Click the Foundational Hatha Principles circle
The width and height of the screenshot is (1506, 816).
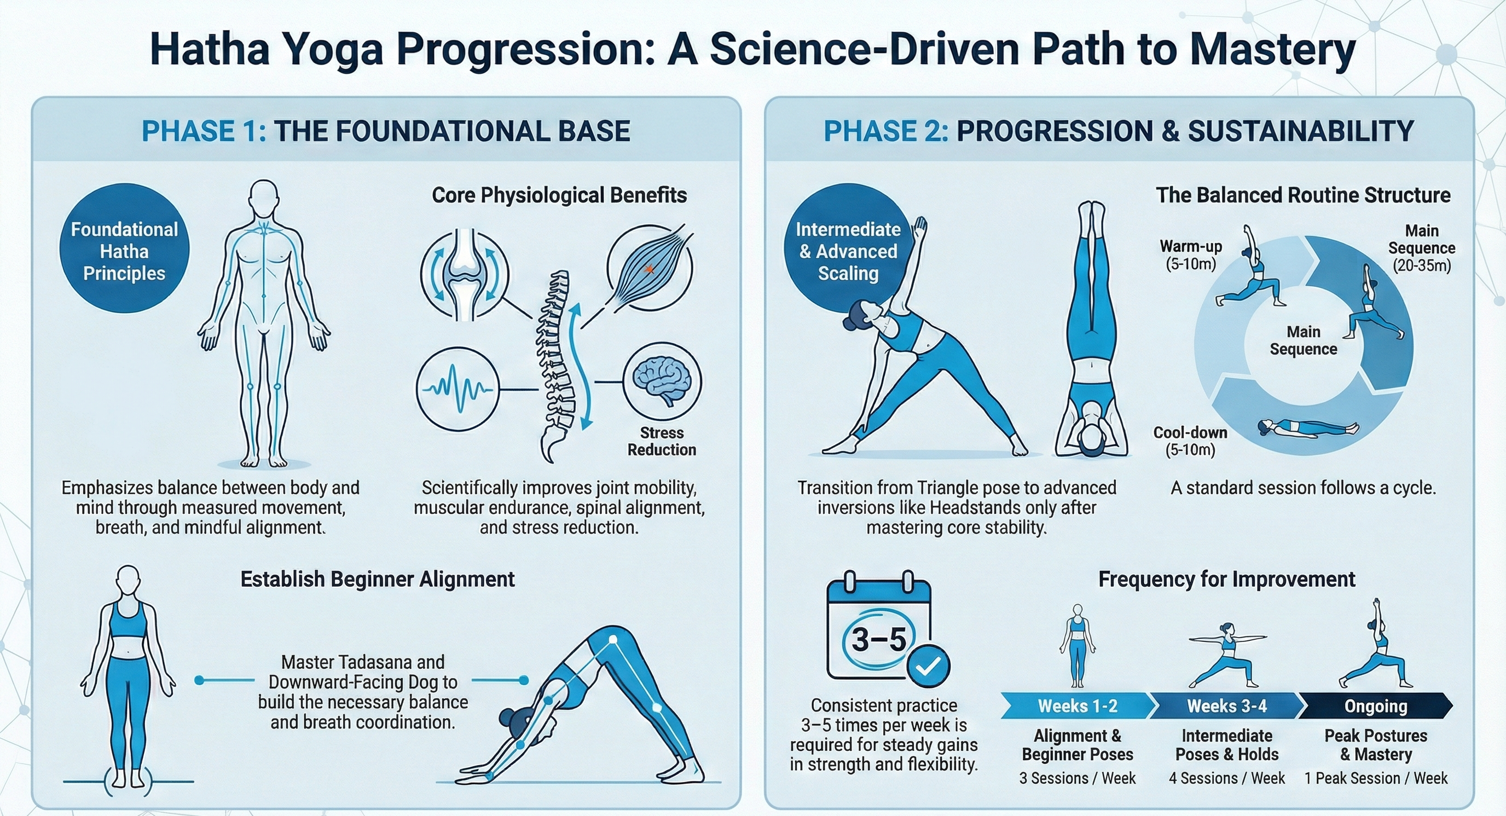pyautogui.click(x=125, y=248)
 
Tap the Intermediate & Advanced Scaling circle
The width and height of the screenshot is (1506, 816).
pyautogui.click(x=848, y=248)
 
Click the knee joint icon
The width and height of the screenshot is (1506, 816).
pyautogui.click(x=464, y=274)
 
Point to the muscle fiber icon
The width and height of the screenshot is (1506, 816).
pyautogui.click(x=650, y=269)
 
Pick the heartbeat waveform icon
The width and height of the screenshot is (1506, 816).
pyautogui.click(x=457, y=389)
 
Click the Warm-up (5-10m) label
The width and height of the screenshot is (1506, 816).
pyautogui.click(x=1191, y=255)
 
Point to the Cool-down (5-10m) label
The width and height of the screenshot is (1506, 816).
pyautogui.click(x=1190, y=441)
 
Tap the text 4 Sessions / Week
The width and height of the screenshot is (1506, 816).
pyautogui.click(x=1226, y=778)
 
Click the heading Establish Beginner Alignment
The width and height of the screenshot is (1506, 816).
pyautogui.click(x=378, y=578)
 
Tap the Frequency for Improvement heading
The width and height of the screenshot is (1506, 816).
pyautogui.click(x=1226, y=578)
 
